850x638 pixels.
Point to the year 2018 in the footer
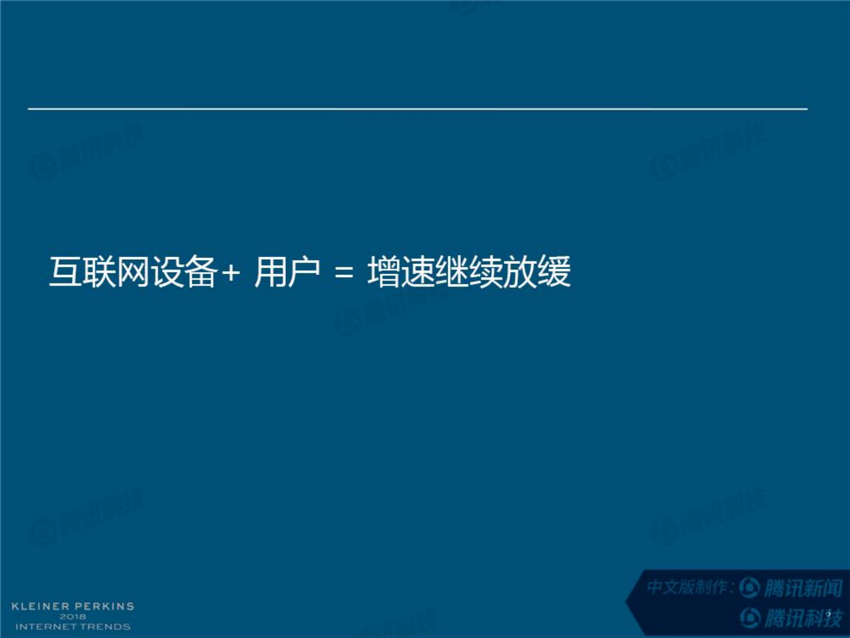pyautogui.click(x=73, y=617)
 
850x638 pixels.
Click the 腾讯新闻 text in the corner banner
pyautogui.click(x=803, y=588)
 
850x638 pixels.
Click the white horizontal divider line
pyautogui.click(x=418, y=109)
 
